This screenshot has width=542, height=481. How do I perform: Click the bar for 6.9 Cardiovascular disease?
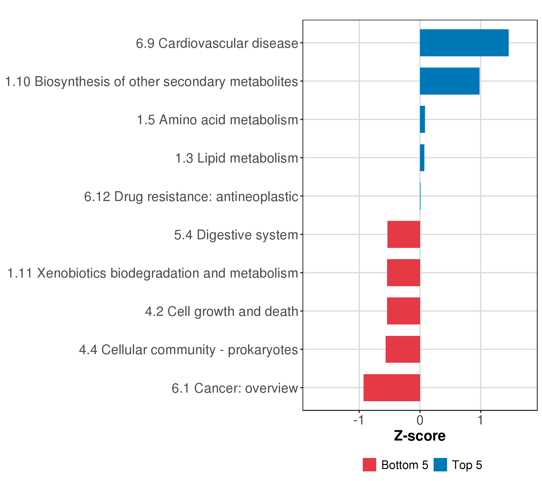point(464,43)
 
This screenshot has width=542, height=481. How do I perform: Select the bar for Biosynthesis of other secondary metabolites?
point(449,81)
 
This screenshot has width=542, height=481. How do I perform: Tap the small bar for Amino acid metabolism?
point(422,119)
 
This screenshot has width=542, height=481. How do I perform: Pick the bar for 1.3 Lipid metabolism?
point(422,158)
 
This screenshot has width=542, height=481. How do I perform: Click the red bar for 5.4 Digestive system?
point(403,234)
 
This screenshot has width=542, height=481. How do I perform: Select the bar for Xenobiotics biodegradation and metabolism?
point(403,273)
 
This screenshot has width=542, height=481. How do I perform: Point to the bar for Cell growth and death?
point(403,311)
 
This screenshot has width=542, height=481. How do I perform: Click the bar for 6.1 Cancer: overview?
point(392,388)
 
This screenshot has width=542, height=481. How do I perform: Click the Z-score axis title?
point(420,436)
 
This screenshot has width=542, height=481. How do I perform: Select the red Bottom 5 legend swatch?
point(369,465)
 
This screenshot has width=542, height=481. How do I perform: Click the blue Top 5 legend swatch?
point(440,465)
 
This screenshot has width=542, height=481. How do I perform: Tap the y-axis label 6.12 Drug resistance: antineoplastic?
point(191,197)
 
